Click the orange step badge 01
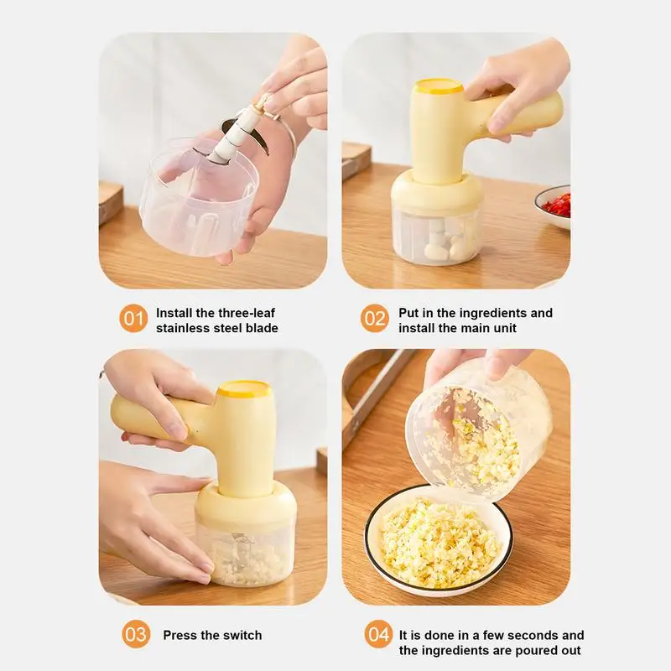click(133, 319)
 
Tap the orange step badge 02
click(375, 319)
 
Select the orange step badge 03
click(136, 634)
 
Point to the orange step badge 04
click(379, 634)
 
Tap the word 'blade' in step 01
click(262, 328)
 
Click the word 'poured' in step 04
click(517, 651)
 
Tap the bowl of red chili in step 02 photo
click(554, 205)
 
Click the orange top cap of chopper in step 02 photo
click(438, 86)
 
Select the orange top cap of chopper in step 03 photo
click(243, 388)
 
